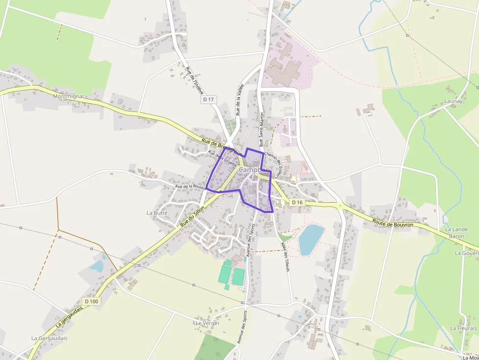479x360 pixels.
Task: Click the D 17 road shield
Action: (x=208, y=100)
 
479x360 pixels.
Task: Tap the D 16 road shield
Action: (x=298, y=202)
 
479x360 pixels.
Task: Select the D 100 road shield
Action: (x=91, y=301)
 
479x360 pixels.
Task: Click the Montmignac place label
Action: (x=69, y=97)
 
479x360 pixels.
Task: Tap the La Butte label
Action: (x=157, y=213)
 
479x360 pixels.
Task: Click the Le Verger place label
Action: (x=207, y=323)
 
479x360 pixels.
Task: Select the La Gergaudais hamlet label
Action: (x=49, y=338)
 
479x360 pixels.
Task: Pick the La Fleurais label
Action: (x=463, y=328)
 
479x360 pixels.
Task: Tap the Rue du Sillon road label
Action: (x=192, y=215)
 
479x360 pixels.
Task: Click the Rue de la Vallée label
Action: (x=239, y=99)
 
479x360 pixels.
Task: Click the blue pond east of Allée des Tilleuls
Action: (x=311, y=239)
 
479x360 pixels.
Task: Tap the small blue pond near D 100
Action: (x=97, y=266)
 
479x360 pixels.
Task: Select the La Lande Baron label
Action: (x=457, y=233)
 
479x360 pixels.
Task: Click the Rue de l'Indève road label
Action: (x=195, y=80)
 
